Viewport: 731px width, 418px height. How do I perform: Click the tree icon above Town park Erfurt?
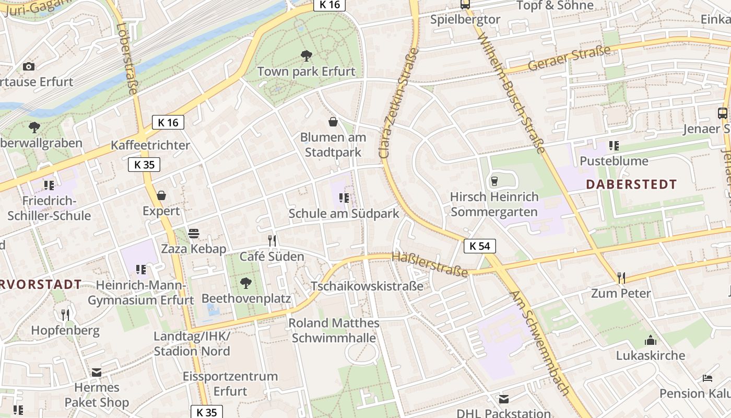coord(306,55)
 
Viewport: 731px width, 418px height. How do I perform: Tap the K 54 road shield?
coord(479,246)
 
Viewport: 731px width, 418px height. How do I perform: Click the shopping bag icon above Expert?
coord(161,195)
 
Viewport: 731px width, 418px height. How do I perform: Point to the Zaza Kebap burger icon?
coord(194,233)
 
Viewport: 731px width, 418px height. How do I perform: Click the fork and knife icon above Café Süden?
coord(272,240)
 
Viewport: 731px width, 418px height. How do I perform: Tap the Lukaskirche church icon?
coord(651,340)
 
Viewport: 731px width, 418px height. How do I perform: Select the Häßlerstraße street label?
coord(429,264)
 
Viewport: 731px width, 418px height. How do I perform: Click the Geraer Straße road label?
coord(569,59)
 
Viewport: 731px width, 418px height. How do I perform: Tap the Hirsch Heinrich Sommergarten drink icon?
coord(494,181)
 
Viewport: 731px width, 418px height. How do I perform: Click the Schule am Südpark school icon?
coord(344,198)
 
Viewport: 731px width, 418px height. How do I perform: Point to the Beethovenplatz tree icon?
coord(245,283)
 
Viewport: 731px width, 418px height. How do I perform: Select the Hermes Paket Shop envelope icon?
coord(97,373)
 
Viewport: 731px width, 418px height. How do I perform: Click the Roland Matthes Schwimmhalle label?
coord(334,330)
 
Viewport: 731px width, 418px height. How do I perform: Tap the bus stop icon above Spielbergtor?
coord(465,5)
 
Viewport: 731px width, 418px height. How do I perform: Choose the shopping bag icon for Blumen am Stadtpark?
coord(333,122)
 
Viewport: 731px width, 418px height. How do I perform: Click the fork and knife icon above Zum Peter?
coord(621,277)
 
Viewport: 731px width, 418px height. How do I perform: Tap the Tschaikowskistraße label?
coord(367,286)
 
